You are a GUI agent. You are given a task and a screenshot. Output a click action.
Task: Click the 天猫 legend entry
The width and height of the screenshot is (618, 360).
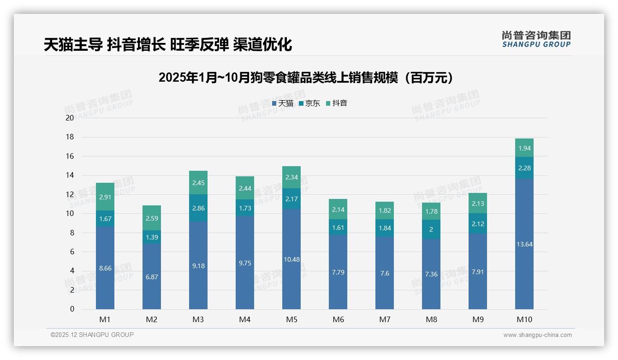tap(282, 103)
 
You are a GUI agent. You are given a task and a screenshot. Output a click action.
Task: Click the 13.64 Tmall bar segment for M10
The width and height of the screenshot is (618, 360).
tap(524, 244)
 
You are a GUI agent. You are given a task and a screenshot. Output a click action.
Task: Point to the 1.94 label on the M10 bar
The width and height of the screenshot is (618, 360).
tap(524, 148)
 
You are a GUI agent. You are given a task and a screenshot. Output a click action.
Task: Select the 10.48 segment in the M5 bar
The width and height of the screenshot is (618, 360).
tap(291, 259)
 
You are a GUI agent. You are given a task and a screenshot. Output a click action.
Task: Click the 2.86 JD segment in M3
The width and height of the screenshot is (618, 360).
tap(198, 208)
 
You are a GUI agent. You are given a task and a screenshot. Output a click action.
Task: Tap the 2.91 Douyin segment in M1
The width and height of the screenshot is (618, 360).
tap(105, 197)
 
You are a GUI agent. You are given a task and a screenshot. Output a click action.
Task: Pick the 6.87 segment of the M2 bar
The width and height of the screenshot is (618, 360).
tap(152, 277)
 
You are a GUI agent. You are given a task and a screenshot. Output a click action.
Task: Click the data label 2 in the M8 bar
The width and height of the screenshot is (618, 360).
tap(431, 229)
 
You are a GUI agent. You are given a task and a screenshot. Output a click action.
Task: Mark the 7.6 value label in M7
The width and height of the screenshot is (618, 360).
tap(385, 273)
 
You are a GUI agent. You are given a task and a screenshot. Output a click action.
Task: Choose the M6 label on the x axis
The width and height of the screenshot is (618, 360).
tap(338, 319)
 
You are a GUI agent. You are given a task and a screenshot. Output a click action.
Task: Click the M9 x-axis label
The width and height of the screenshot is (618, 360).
tap(478, 319)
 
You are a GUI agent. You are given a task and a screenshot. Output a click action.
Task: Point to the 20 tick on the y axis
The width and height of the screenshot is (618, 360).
tap(70, 118)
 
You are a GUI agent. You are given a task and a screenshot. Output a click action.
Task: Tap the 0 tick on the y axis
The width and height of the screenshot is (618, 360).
tap(72, 309)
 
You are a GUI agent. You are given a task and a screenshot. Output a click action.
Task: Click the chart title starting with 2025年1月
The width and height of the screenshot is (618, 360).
tap(306, 78)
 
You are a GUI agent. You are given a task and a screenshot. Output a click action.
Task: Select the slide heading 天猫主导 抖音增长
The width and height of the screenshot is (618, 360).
tap(168, 45)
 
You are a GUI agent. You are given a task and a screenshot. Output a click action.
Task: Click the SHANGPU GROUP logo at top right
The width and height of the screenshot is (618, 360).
tap(536, 39)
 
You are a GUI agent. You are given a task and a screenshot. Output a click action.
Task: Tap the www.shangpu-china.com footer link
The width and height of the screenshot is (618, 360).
tap(537, 335)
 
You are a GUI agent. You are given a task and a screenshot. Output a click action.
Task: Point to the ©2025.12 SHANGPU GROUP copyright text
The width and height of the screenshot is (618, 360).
tap(92, 335)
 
